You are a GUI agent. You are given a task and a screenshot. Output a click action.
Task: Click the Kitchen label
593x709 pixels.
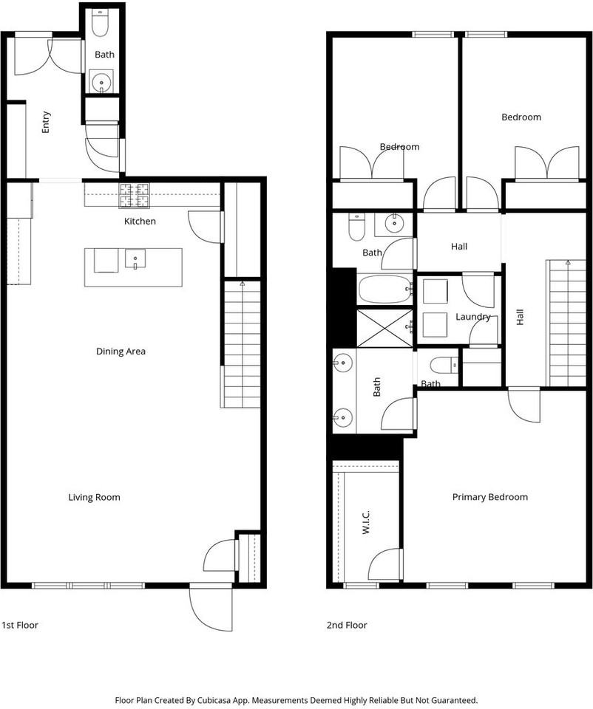click(140, 221)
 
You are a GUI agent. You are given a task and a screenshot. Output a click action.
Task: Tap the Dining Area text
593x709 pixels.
click(121, 352)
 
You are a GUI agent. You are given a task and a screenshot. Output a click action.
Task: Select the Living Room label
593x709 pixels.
click(94, 497)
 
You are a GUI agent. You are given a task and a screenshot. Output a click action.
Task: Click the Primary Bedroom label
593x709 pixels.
click(489, 497)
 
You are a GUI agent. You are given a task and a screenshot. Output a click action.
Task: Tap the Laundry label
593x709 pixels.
click(473, 317)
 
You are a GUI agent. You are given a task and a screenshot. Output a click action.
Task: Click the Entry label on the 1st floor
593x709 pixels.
click(46, 121)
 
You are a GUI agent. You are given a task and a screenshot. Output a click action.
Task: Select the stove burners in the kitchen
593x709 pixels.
click(134, 195)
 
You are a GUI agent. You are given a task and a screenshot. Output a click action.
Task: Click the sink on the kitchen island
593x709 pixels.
click(135, 259)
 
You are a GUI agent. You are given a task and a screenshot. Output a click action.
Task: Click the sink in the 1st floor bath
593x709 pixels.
click(101, 81)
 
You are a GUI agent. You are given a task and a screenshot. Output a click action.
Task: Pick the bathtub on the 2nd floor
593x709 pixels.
click(384, 289)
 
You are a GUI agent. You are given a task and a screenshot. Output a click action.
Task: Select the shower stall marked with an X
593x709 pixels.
click(384, 328)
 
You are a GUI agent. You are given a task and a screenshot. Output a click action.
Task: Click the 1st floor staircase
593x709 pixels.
click(242, 343)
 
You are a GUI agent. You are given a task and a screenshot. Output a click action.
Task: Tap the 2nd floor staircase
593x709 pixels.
click(566, 323)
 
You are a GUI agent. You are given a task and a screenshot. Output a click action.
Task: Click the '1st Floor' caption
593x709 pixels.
click(20, 625)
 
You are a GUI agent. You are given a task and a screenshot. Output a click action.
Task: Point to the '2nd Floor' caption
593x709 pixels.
click(347, 625)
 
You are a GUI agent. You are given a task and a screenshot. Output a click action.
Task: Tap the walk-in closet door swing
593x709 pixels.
click(386, 565)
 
